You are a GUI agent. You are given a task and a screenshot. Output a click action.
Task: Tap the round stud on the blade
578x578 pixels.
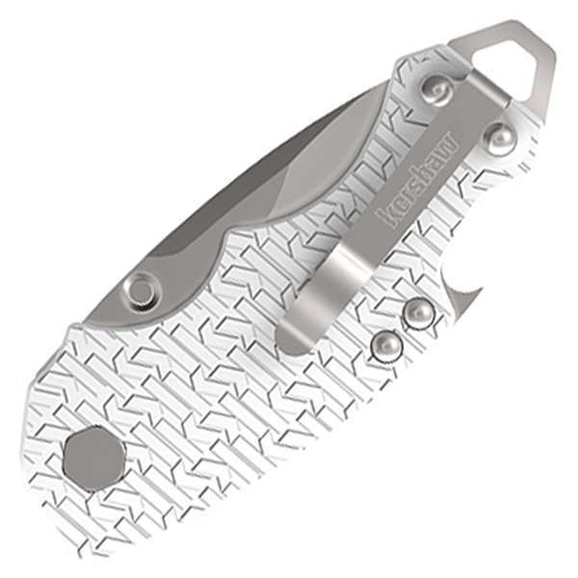143,289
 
